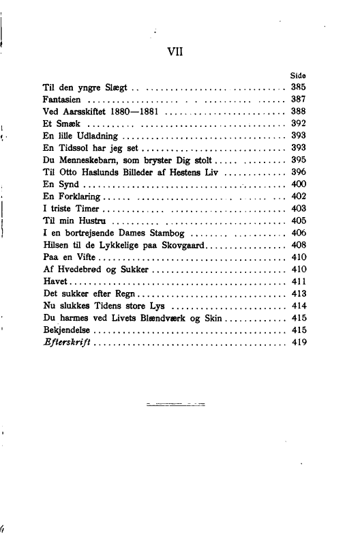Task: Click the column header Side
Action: tap(298, 76)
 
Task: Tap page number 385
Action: tap(298, 87)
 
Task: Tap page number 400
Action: tap(298, 184)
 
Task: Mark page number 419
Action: tap(298, 343)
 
